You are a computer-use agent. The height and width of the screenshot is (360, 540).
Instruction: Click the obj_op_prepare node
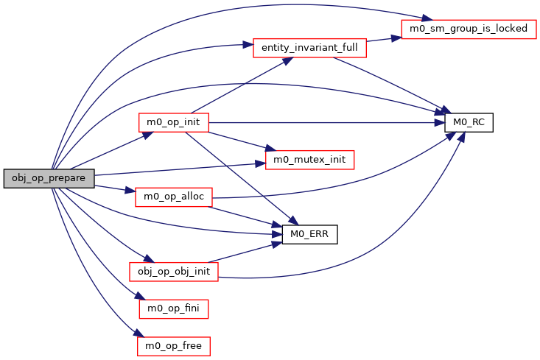pos(49,178)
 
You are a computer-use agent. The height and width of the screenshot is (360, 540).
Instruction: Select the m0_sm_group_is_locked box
pos(464,29)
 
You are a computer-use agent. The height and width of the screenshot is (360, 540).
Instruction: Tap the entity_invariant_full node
pos(309,48)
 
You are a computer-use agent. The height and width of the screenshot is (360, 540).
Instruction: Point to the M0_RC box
pos(468,122)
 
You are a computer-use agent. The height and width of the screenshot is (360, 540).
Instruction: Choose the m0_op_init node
pos(174,122)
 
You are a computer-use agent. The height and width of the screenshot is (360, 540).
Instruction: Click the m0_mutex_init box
pos(309,159)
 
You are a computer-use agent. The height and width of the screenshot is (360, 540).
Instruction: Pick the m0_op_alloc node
pos(174,197)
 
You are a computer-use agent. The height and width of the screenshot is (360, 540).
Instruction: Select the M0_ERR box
pos(310,234)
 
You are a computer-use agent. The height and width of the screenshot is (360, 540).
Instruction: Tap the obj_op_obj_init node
pos(174,271)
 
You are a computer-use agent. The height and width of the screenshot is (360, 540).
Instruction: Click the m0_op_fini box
pos(174,308)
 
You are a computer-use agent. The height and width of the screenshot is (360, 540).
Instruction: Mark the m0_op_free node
pos(174,345)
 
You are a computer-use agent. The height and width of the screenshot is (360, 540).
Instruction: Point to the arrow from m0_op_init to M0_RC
pos(324,122)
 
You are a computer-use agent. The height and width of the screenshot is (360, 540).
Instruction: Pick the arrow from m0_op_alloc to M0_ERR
pos(247,216)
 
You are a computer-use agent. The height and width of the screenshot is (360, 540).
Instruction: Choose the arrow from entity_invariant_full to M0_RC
pos(390,82)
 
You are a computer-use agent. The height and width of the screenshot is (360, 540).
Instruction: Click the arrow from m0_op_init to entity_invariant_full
pos(236,88)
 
